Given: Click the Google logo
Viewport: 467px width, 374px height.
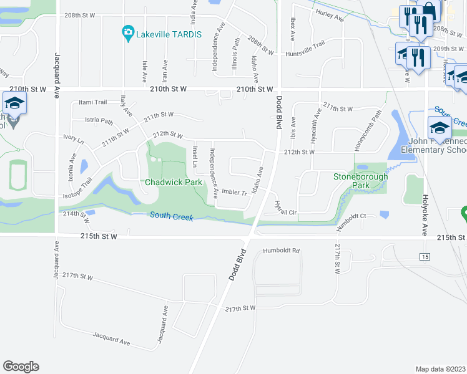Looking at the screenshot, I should point(21,367).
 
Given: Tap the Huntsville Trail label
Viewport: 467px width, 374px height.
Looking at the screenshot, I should point(305,49).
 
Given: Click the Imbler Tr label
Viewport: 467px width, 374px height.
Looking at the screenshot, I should point(235,193).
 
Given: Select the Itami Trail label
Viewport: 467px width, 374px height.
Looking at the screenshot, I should point(94,102).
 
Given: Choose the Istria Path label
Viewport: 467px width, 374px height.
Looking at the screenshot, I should point(99,120).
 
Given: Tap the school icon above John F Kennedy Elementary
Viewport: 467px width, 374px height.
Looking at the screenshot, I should point(440,127).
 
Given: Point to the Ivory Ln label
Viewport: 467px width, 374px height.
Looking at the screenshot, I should point(73,141).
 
